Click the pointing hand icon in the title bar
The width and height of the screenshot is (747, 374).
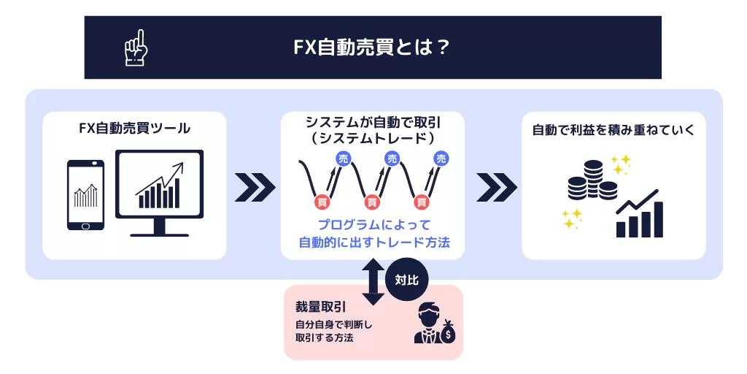(x=136, y=47)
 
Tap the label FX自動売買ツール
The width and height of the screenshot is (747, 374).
(x=134, y=129)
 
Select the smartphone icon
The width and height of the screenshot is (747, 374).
(x=85, y=195)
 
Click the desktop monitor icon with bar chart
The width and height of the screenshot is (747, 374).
(x=159, y=192)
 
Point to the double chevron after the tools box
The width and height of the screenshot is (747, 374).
(x=255, y=188)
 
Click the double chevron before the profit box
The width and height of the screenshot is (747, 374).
(x=496, y=188)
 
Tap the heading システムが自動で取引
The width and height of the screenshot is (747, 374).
(x=373, y=122)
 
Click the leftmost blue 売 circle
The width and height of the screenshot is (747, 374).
(x=343, y=158)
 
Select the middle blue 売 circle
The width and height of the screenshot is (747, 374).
(x=392, y=158)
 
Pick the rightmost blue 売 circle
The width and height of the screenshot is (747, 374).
(x=441, y=158)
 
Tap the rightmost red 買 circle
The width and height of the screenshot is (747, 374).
(x=421, y=201)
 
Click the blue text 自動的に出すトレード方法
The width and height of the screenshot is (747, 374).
(x=373, y=243)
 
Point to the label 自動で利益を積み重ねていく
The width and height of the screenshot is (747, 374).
(x=613, y=131)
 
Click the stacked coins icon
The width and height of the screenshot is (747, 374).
(x=592, y=180)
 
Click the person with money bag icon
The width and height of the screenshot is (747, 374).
(x=434, y=323)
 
